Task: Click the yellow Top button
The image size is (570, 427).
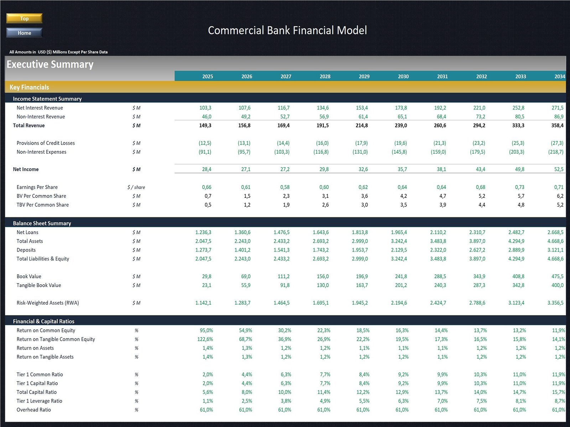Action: pos(24,18)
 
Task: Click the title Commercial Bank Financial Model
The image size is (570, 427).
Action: pos(287,31)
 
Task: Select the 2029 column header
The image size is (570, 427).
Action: pos(364,77)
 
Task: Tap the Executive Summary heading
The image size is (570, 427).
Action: pos(50,64)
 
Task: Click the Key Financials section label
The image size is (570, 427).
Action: pos(29,87)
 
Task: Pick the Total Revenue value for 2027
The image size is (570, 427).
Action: pos(284,126)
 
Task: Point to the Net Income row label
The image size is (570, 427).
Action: pos(26,169)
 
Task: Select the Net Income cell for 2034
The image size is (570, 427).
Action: pos(559,169)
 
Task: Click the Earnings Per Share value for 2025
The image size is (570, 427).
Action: pos(207,187)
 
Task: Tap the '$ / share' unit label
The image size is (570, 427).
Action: pos(136,187)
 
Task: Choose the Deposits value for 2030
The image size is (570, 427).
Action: pos(399,250)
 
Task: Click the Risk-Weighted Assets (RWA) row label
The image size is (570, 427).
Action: pos(48,303)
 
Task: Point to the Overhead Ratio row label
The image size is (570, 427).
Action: pos(34,410)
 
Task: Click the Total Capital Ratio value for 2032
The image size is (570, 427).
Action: pos(480,392)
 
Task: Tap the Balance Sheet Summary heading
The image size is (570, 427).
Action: pos(42,223)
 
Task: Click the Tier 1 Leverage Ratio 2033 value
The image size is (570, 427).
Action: pos(520,401)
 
